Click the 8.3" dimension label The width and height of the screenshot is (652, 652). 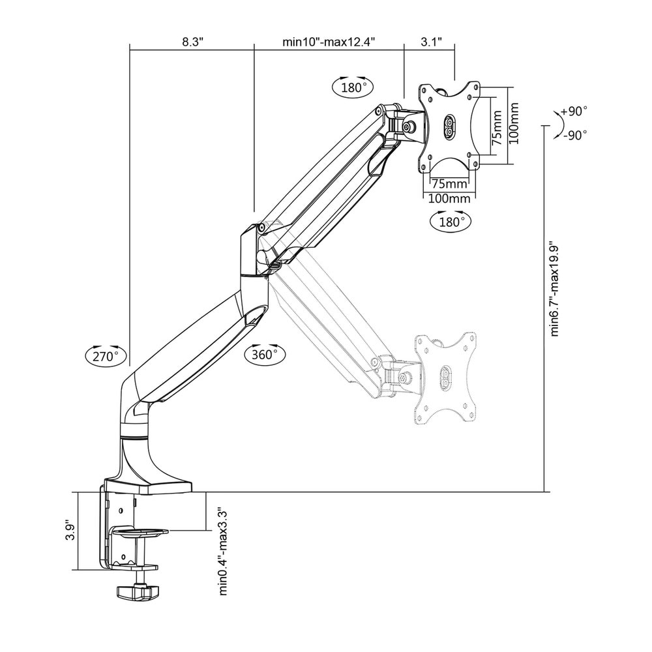(192, 42)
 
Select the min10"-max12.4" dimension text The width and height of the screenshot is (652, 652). (329, 42)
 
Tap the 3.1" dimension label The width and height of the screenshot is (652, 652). (431, 42)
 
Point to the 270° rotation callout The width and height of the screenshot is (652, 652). (106, 356)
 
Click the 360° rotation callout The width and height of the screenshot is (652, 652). (265, 354)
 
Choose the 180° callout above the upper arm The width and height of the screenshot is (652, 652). (353, 87)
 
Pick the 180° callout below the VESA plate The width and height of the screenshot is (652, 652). (451, 221)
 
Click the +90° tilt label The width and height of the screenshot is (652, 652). (574, 111)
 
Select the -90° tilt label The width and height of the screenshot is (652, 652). (576, 135)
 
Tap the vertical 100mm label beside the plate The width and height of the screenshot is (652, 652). (514, 123)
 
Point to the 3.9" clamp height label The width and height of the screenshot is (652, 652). (70, 531)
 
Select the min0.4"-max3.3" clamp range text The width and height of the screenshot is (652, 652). (223, 550)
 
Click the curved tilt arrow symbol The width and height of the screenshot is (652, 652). (559, 125)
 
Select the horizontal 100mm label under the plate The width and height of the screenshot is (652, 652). (449, 198)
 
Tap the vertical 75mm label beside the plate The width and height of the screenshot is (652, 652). (496, 127)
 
